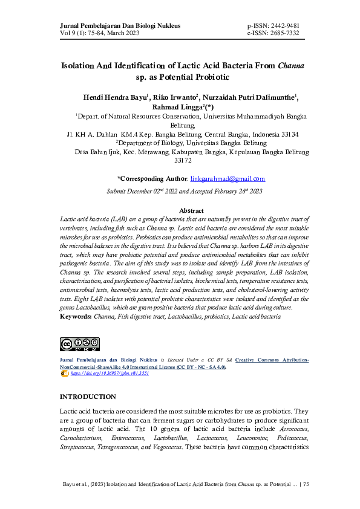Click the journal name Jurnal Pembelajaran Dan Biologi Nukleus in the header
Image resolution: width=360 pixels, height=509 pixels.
(x=120, y=25)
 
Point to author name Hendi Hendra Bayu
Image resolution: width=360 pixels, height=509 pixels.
(x=114, y=97)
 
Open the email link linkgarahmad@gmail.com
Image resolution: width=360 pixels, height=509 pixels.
(x=227, y=179)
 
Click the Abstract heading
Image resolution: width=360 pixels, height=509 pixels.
(x=191, y=210)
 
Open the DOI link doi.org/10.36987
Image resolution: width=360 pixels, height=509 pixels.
(x=110, y=374)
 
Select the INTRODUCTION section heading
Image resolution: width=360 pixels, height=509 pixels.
(x=87, y=397)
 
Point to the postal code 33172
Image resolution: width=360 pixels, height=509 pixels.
(x=183, y=161)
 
